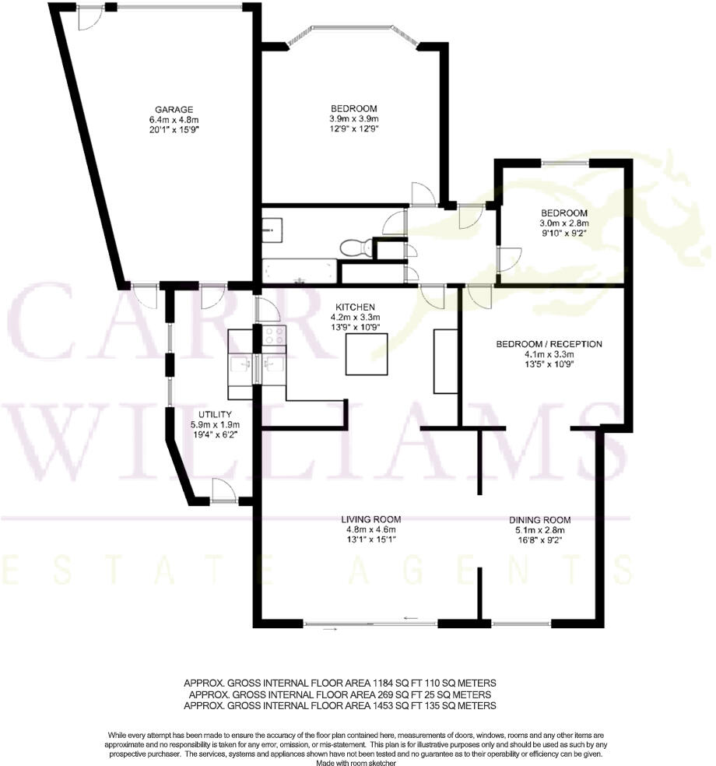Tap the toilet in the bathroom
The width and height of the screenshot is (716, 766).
353,247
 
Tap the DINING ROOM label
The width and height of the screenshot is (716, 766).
540,520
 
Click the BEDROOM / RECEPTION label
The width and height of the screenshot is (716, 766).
549,343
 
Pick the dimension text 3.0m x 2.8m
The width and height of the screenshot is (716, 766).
564,223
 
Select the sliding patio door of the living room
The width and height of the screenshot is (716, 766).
370,623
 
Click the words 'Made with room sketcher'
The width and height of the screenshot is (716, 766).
357,764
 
